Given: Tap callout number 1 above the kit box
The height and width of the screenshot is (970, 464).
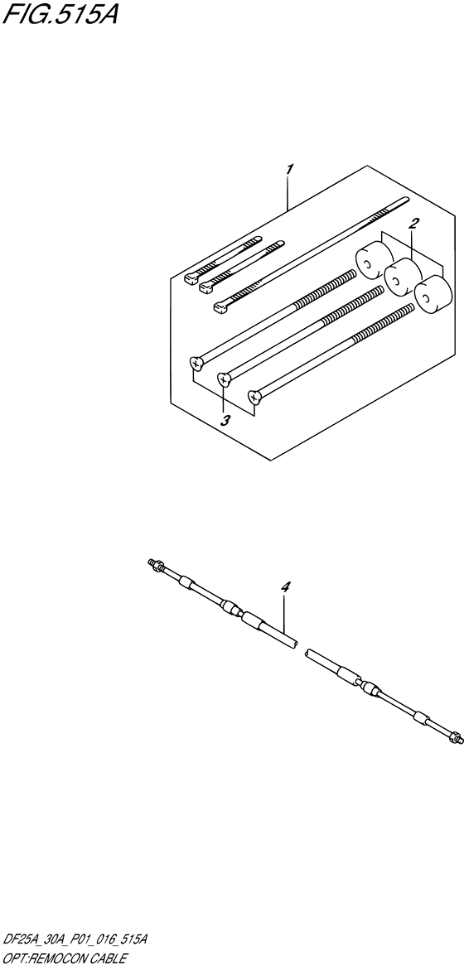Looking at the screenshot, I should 288,170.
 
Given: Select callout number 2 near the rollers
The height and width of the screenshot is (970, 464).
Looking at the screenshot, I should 413,223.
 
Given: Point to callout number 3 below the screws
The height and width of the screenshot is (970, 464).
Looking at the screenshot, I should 225,420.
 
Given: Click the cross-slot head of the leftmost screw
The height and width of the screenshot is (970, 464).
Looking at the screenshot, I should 196,362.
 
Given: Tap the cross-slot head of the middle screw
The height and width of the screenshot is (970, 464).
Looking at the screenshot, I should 224,379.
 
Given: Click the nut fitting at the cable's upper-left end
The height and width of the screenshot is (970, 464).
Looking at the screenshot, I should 154,565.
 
